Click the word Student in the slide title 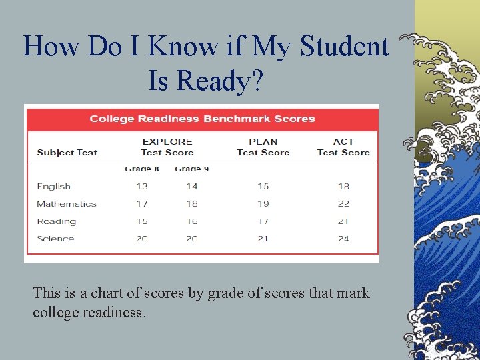click(x=345, y=47)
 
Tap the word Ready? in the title click(x=207, y=81)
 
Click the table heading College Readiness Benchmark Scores click(x=202, y=119)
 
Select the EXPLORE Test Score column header click(x=167, y=147)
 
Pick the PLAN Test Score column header click(x=263, y=147)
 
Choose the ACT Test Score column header click(x=343, y=147)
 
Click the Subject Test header click(x=67, y=152)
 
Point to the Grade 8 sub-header click(x=142, y=169)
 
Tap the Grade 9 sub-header click(x=192, y=169)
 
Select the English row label click(x=53, y=187)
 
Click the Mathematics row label click(x=67, y=204)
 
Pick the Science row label click(x=55, y=239)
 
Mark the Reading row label click(x=57, y=221)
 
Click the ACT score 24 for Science click(x=343, y=239)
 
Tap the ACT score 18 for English click(x=343, y=187)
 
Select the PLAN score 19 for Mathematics click(x=263, y=204)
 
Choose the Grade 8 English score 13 click(x=142, y=187)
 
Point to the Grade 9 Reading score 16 click(x=192, y=221)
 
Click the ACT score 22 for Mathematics click(x=343, y=204)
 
